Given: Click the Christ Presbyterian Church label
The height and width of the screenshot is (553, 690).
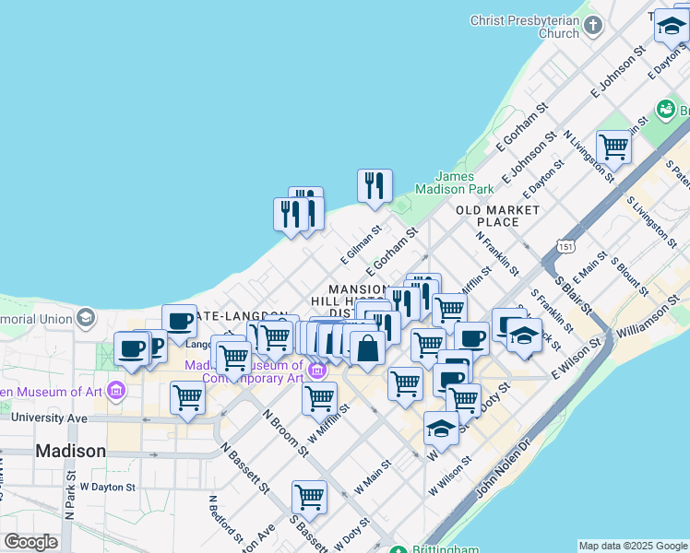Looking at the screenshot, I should pos(524,26).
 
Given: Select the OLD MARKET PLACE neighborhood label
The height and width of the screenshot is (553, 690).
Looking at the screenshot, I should pos(498,216).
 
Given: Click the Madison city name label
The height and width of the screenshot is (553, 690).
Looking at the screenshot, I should pos(70,451).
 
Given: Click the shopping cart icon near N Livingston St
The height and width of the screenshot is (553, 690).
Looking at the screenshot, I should pos(613,146).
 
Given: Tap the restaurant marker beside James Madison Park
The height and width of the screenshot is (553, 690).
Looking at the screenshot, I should pos(375,185).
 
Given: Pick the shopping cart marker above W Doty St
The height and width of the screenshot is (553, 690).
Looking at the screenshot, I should pos(309,497).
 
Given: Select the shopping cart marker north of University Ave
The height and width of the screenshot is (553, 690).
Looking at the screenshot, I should pos(187,397).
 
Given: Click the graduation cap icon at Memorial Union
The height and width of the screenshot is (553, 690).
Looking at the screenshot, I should pos(86,318).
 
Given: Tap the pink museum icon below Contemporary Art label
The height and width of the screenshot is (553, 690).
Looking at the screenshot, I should pos(317,371).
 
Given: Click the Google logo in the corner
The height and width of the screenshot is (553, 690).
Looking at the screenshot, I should pos(30,542).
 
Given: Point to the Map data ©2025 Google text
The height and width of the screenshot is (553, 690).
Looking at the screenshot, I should pos(632,546).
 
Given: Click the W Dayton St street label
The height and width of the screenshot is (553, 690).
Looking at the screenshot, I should pos(108,486).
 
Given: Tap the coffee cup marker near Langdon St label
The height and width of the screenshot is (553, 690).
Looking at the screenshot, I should pos(179,322).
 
